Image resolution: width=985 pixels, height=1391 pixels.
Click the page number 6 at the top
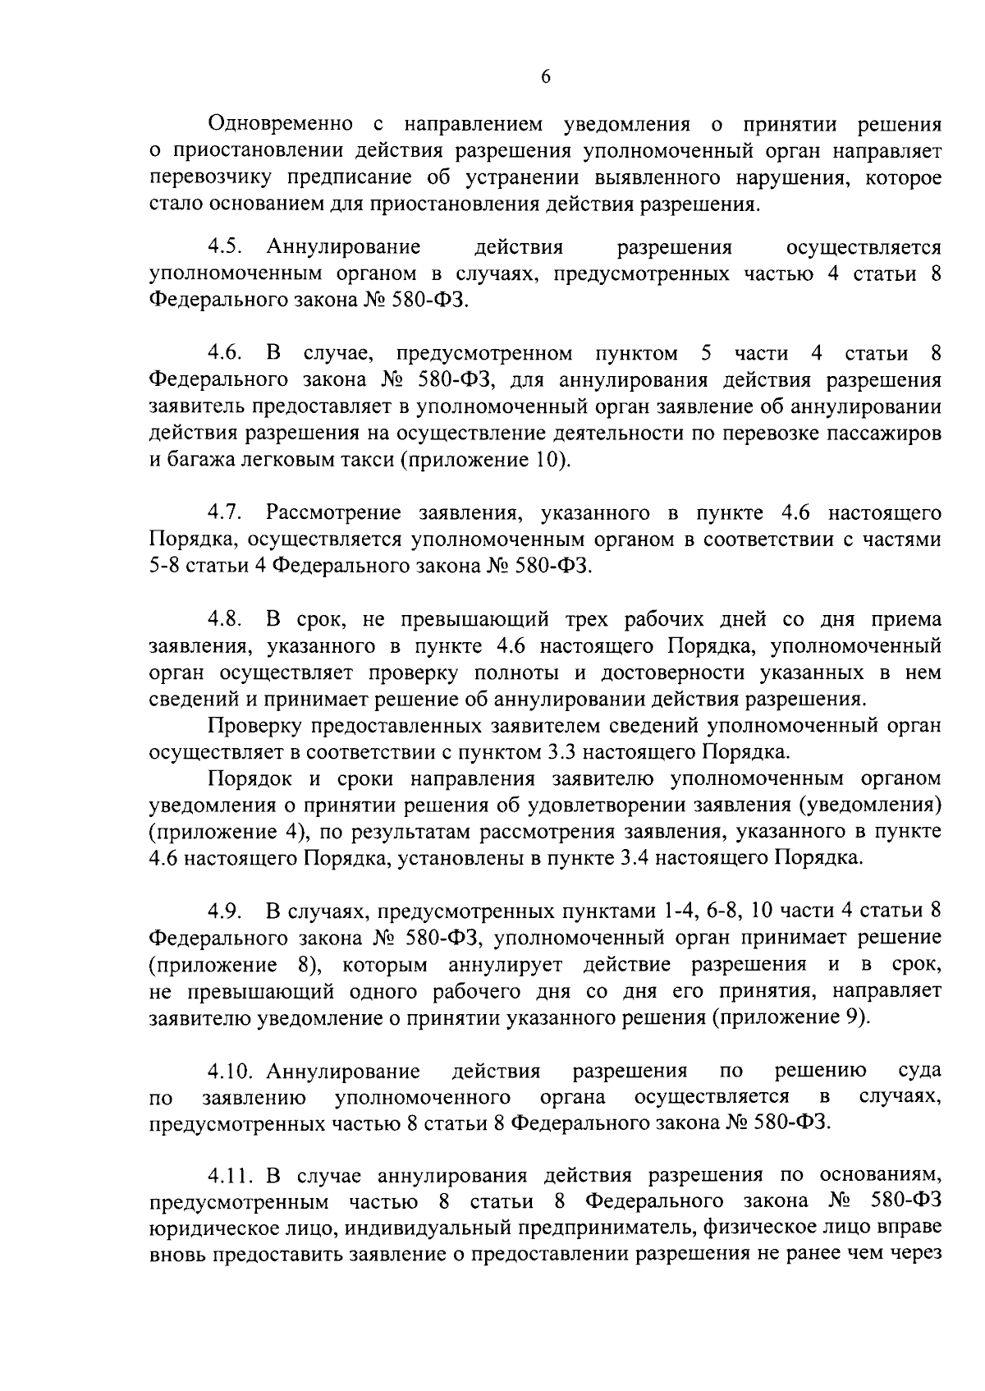coord(546,76)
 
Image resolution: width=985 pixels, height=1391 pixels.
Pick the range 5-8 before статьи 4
coord(166,567)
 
